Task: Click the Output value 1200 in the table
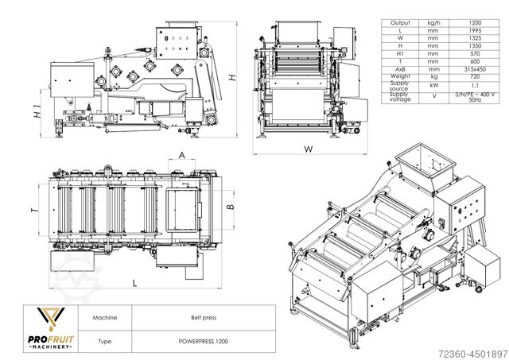coord(476,24)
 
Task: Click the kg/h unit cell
coord(434,24)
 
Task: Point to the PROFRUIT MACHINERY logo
coord(51,327)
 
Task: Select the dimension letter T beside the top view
coord(33,211)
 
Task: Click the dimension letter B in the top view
coord(229,206)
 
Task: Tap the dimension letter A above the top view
coord(182,155)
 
